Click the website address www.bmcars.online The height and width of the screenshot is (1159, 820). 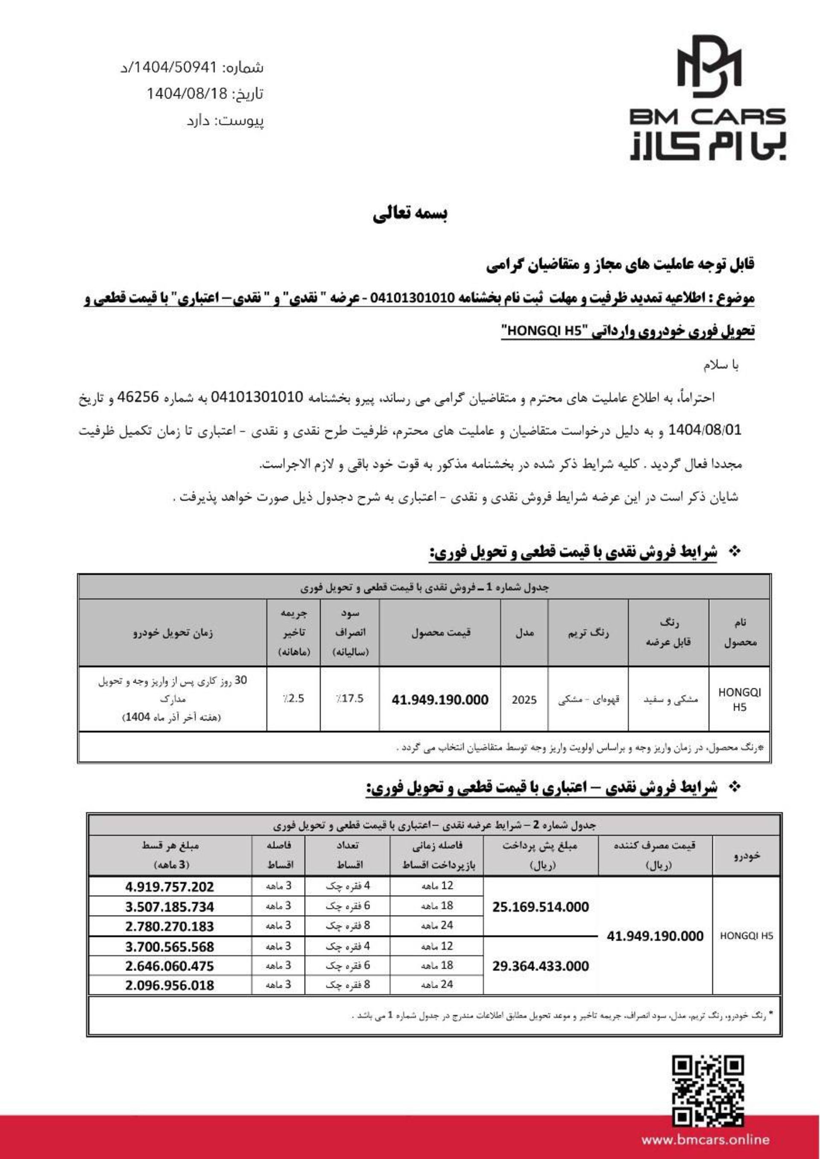click(705, 1139)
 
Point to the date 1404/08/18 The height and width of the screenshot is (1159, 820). click(187, 94)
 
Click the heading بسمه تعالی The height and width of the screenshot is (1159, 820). click(410, 215)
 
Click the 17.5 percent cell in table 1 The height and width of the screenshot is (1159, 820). click(350, 699)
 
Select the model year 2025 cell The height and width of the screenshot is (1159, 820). click(524, 700)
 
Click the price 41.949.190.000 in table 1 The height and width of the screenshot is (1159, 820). click(440, 700)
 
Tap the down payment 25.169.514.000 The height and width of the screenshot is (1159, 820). click(541, 907)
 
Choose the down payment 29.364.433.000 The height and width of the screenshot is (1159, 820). click(541, 966)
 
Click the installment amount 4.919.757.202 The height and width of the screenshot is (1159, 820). click(170, 887)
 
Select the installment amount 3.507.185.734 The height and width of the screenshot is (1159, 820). click(170, 907)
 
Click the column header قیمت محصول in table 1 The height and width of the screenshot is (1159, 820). click(440, 632)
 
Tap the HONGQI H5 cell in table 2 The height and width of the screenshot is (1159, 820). click(746, 936)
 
